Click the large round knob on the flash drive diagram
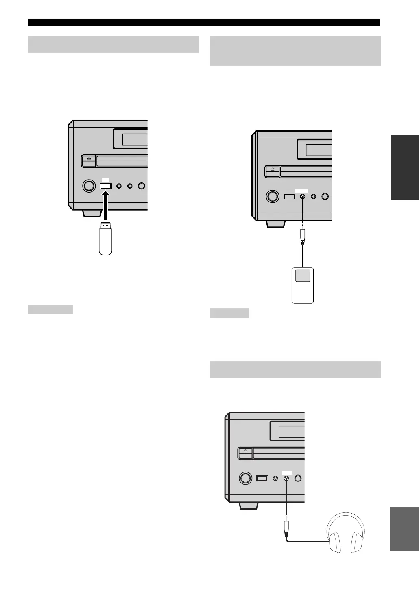pyautogui.click(x=87, y=186)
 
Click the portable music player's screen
pyautogui.click(x=303, y=275)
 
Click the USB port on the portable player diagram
pyautogui.click(x=289, y=196)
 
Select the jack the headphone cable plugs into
pyautogui.click(x=287, y=478)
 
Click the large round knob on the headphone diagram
pyautogui.click(x=245, y=478)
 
